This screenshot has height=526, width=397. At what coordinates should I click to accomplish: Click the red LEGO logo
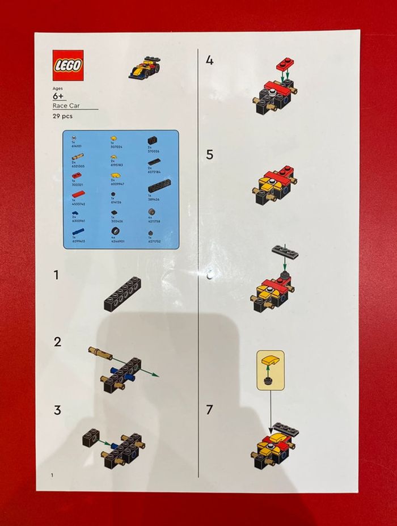[68, 65]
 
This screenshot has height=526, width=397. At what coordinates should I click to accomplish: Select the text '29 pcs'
[62, 116]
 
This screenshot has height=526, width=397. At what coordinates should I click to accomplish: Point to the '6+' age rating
[59, 97]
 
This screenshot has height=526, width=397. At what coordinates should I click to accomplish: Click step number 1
[56, 275]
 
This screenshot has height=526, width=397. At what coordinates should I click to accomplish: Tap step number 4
[210, 60]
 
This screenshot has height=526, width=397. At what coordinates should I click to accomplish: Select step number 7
[210, 409]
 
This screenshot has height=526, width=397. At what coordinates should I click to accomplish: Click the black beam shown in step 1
[123, 293]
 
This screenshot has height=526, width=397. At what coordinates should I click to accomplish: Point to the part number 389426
[154, 200]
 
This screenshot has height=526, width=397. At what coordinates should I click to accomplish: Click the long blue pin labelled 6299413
[78, 232]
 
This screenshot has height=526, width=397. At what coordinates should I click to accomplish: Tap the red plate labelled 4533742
[78, 195]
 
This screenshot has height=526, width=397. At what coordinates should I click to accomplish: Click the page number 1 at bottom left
[52, 474]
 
